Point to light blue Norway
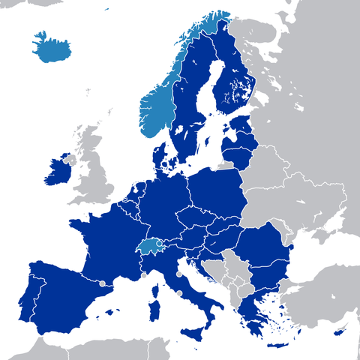click(x=157, y=112)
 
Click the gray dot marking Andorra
click(x=102, y=283)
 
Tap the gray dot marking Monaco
click(x=142, y=274)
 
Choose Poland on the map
click(x=217, y=191)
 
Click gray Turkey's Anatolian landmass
click(x=322, y=300)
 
